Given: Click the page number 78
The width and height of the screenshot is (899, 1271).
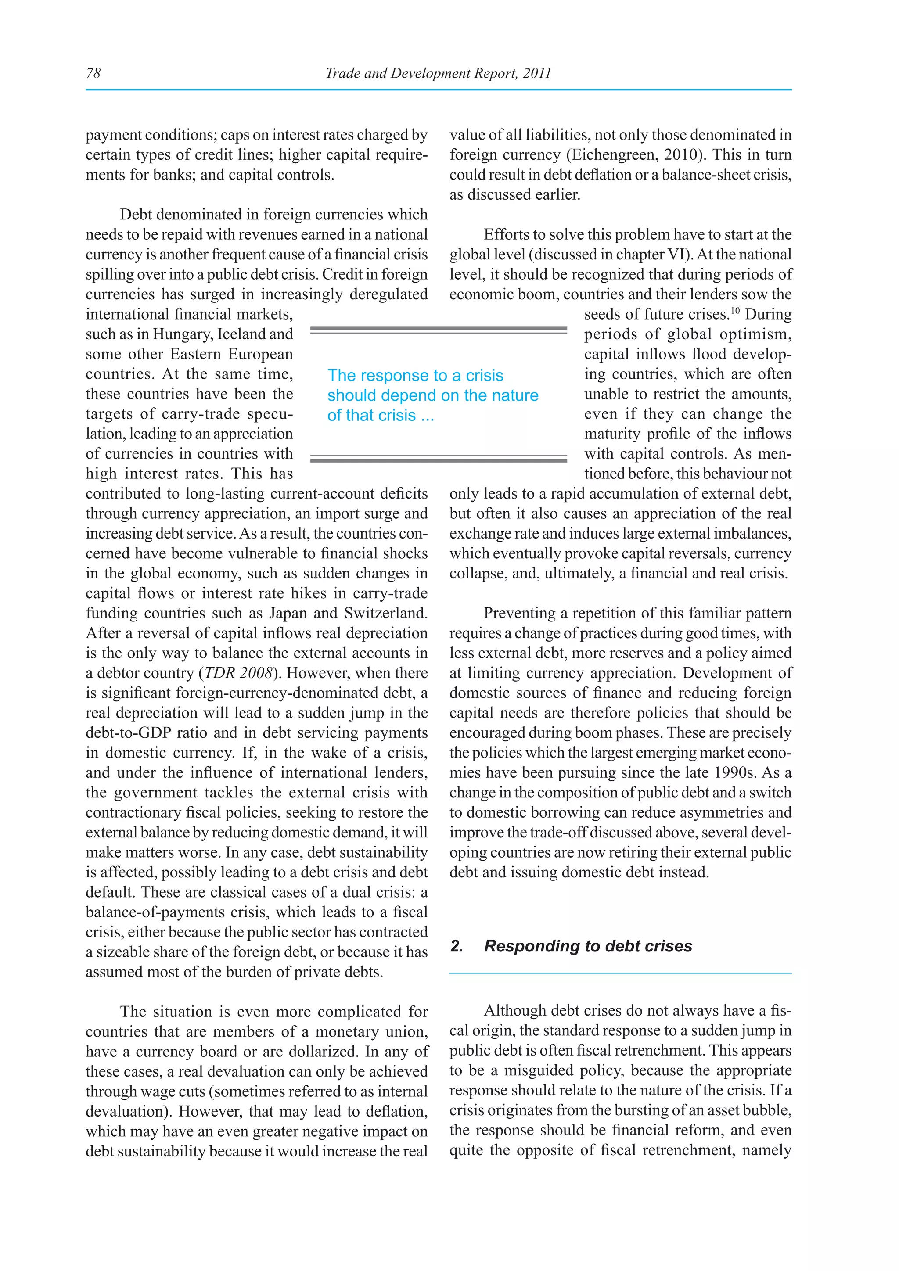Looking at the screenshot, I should pyautogui.click(x=93, y=73).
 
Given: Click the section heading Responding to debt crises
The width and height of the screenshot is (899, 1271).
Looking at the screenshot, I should pyautogui.click(x=588, y=946).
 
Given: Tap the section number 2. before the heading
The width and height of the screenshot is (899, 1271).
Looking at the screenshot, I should pyautogui.click(x=456, y=946).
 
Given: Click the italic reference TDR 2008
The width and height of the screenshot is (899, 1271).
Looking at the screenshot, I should pyautogui.click(x=239, y=673).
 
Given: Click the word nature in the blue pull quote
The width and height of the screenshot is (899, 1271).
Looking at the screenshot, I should pyautogui.click(x=513, y=395).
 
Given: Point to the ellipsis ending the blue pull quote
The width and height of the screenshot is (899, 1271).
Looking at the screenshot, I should pyautogui.click(x=428, y=416).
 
